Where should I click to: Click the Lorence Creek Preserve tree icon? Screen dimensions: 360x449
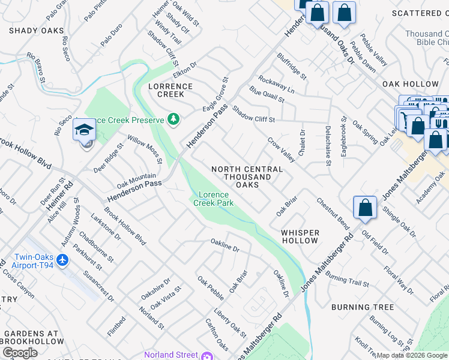point(173,119)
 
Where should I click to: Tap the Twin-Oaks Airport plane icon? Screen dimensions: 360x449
point(64,260)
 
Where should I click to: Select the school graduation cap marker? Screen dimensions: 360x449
point(84,130)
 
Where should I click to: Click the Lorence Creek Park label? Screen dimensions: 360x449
point(213,199)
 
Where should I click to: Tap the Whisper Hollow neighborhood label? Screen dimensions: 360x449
point(300,236)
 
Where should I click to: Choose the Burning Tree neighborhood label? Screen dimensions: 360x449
point(363,307)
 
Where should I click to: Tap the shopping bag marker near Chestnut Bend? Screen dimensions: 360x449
point(365,208)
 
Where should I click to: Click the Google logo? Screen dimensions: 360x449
point(20,352)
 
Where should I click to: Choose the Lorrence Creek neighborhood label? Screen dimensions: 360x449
point(170,90)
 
